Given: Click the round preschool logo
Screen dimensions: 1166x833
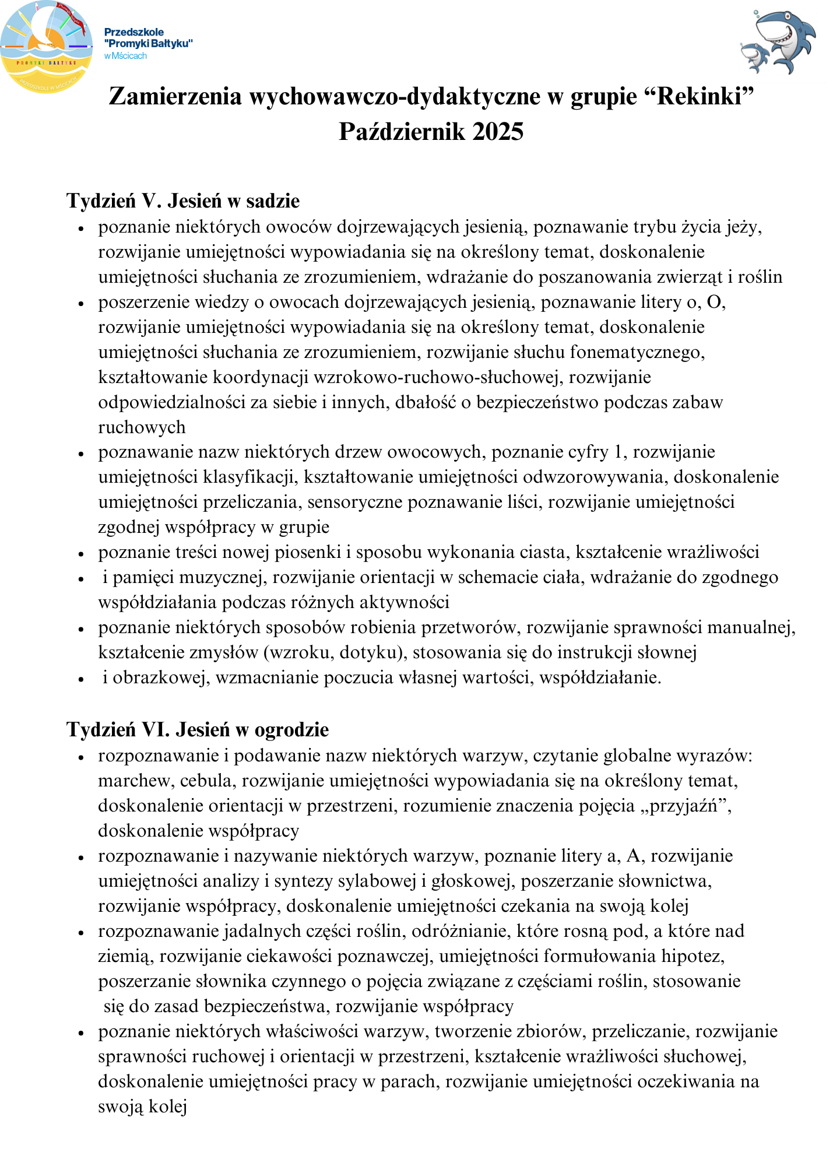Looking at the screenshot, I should point(46,47).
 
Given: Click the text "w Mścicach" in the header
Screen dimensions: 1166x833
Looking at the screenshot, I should point(125,56).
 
